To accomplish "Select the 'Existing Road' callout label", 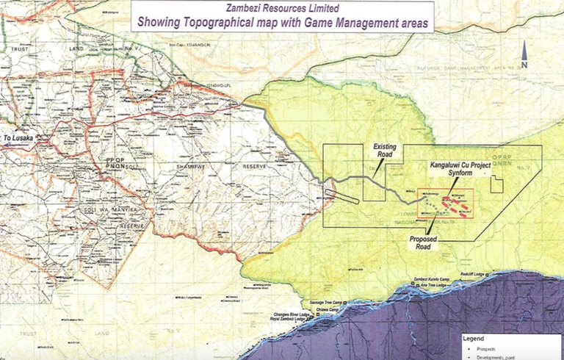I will tap(384, 151).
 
